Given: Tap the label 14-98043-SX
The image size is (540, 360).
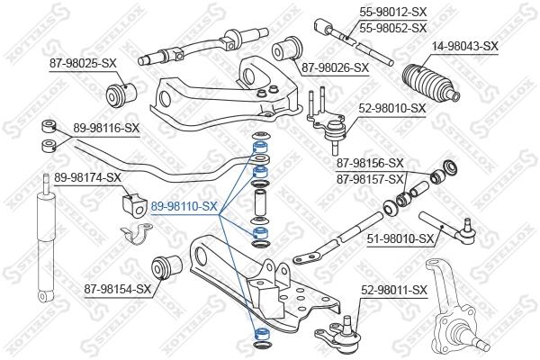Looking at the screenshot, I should (x=463, y=46).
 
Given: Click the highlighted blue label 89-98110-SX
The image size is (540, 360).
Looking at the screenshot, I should (x=183, y=206).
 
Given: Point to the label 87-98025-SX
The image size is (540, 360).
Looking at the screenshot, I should (x=83, y=63).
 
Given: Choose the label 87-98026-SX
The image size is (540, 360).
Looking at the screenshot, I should (x=335, y=67).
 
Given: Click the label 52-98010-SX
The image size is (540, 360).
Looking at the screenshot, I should (x=392, y=108).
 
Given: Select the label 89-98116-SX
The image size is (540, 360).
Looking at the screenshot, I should (x=106, y=129).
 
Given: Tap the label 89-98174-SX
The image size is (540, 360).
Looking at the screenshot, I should (x=87, y=177).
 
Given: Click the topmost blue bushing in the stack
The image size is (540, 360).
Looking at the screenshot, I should (x=260, y=143).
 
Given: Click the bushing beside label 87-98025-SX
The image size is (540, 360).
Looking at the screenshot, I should (x=120, y=91).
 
